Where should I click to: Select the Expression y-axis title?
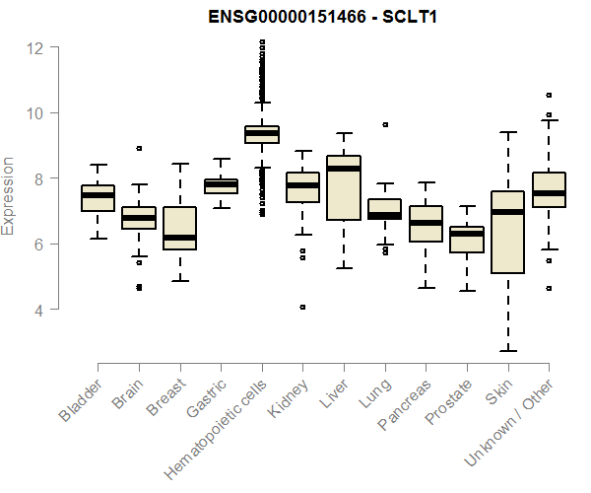(9, 195)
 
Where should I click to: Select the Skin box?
(507, 232)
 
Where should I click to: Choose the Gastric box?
(221, 185)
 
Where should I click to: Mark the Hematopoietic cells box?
(262, 134)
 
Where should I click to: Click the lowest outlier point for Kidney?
(302, 307)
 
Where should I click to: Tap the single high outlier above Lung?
(384, 125)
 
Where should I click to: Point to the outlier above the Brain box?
(139, 148)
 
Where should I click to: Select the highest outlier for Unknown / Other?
(549, 96)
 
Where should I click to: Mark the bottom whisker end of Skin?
(507, 350)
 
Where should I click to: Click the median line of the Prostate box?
(466, 235)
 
